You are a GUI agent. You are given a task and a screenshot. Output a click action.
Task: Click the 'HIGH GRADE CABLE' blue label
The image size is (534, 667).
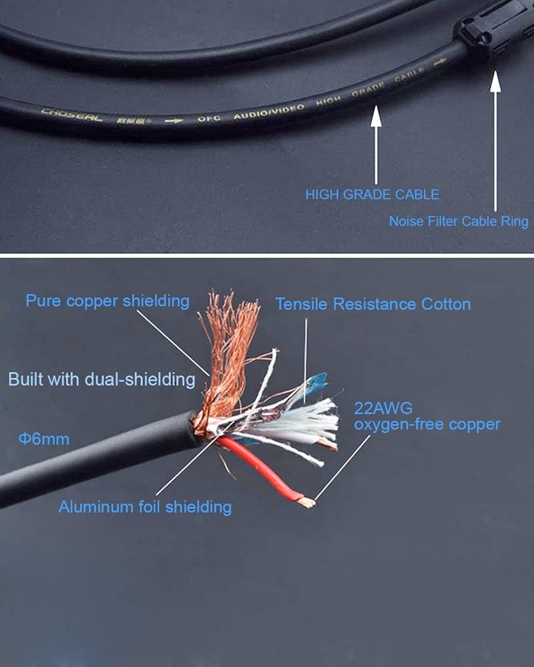(x=372, y=195)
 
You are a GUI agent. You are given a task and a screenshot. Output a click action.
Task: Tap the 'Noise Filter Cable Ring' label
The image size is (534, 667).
(x=459, y=221)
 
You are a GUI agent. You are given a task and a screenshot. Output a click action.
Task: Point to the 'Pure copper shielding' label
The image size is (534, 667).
(x=107, y=301)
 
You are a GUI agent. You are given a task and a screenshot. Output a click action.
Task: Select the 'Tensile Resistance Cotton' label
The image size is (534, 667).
(x=373, y=304)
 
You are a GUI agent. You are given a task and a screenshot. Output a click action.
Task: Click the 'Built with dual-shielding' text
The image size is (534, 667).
(x=101, y=380)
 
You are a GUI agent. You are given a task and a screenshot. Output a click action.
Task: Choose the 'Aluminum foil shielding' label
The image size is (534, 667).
(x=145, y=507)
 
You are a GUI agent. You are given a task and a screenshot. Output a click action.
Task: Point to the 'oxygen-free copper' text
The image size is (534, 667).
(x=427, y=424)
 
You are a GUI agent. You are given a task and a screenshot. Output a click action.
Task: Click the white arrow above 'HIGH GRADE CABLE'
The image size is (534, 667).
(x=376, y=143)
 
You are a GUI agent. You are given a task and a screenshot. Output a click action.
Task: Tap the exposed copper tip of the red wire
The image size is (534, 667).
(x=306, y=500)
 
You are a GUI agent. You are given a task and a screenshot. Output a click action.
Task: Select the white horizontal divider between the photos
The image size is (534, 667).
(x=267, y=255)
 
